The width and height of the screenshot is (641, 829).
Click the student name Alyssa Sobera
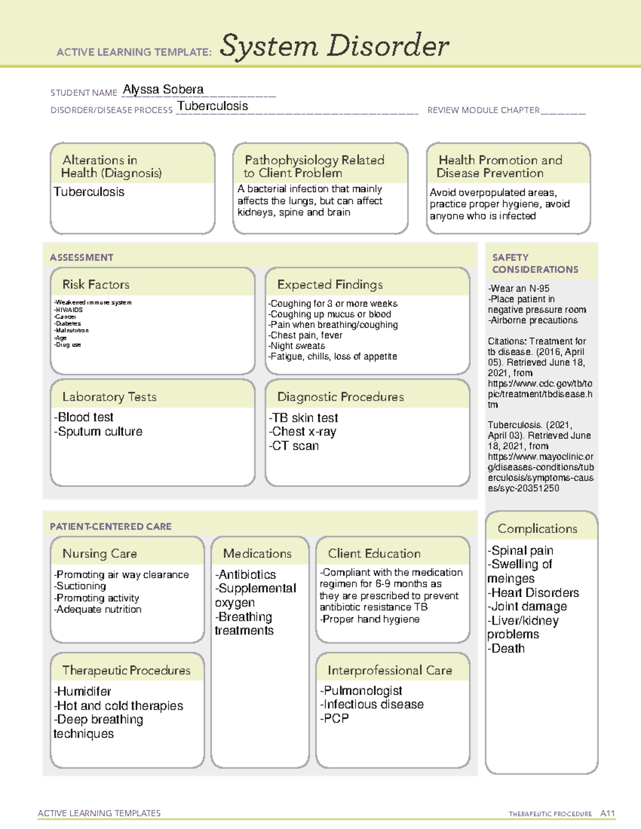(x=163, y=90)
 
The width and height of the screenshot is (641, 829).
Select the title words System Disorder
(x=334, y=46)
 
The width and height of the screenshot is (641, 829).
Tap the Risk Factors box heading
(x=96, y=285)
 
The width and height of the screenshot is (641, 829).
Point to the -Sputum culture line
(x=98, y=432)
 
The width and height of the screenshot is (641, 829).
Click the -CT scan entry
(x=294, y=446)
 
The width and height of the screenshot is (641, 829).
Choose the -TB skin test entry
(x=303, y=418)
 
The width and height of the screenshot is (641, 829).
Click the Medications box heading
(x=257, y=554)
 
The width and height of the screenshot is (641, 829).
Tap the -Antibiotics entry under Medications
(x=246, y=575)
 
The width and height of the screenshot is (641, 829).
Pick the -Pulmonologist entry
(x=361, y=691)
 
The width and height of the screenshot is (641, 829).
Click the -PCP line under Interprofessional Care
(x=334, y=719)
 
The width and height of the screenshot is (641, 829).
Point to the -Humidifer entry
(x=82, y=692)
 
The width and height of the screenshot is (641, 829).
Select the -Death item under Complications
(x=506, y=649)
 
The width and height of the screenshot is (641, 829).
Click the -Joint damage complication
(x=527, y=606)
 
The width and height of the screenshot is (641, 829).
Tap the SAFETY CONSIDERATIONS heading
(x=535, y=264)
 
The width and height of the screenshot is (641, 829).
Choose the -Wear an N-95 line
(x=519, y=288)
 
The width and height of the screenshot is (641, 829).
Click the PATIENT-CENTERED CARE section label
(x=111, y=526)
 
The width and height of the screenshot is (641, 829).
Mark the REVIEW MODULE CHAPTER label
(x=483, y=110)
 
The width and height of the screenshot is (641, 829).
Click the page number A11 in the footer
(x=607, y=814)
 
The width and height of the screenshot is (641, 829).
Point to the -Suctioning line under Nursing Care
(x=80, y=586)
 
